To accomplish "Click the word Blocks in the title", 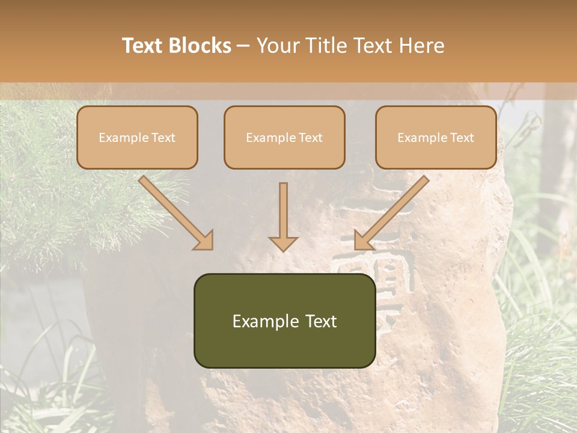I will pyautogui.click(x=200, y=46).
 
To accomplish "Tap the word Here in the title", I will pyautogui.click(x=421, y=46).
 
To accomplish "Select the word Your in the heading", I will pyautogui.click(x=276, y=46).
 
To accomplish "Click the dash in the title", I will pyautogui.click(x=243, y=46).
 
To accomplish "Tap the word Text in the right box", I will pyautogui.click(x=462, y=138).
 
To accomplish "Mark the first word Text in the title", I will pyautogui.click(x=144, y=46).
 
